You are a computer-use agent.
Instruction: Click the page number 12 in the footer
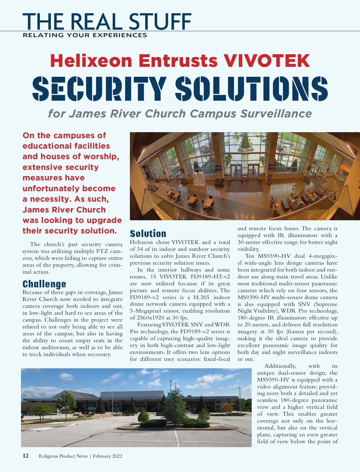click(x=25, y=456)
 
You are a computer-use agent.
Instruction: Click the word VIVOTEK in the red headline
click(x=267, y=61)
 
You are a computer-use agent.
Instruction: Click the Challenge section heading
click(x=44, y=284)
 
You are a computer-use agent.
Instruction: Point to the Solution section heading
click(x=148, y=234)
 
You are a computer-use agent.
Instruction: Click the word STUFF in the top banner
click(x=160, y=22)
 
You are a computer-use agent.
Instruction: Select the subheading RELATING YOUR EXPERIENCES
click(x=85, y=35)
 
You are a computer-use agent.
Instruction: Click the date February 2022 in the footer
click(x=107, y=456)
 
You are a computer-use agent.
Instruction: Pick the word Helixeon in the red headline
click(x=91, y=61)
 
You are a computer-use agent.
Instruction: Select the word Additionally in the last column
click(x=280, y=366)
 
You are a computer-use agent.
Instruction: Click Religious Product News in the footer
click(x=63, y=456)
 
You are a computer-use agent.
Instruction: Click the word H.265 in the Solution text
click(x=201, y=297)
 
